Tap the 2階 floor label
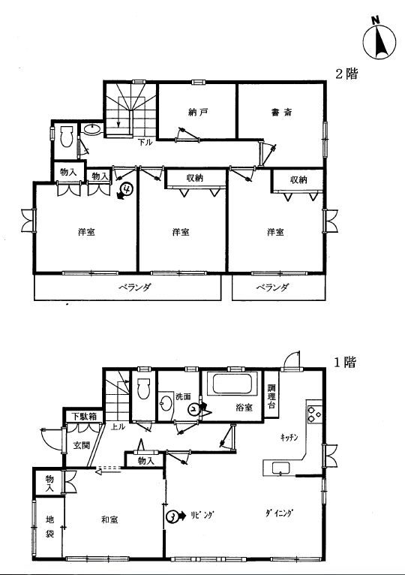346,74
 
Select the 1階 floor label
345,363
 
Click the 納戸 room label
198,112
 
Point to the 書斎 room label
281,112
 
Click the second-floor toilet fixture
66,137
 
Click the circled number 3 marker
172,516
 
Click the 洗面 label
184,397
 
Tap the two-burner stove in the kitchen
314,414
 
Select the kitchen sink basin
280,468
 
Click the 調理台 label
271,396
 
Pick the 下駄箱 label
84,417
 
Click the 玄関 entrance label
81,445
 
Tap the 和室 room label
109,519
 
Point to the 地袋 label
49,526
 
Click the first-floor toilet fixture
143,388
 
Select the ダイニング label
280,513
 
